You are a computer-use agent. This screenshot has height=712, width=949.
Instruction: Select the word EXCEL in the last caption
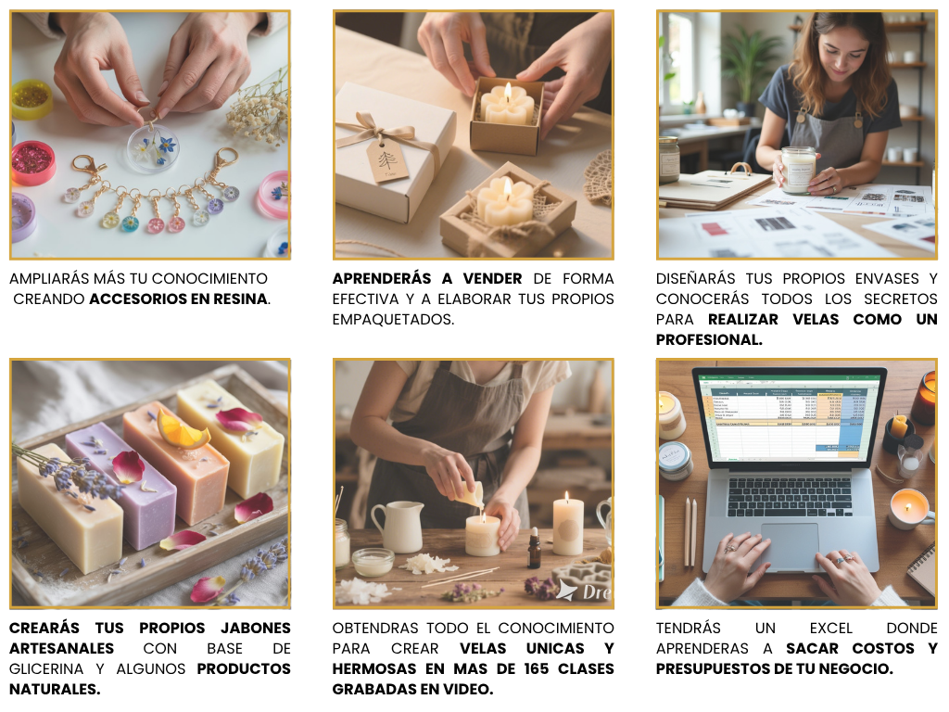coord(830,629)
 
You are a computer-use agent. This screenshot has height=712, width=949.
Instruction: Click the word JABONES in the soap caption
coord(256,629)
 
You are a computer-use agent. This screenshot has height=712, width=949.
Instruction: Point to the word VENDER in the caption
coord(493,278)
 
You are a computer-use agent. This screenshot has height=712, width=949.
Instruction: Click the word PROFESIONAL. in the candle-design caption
coord(709,339)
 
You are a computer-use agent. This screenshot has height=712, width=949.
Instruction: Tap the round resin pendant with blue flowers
coord(153,147)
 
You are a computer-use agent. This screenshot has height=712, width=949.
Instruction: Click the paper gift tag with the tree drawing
coord(386,159)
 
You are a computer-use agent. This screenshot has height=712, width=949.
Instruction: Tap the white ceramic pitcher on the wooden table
coord(398,527)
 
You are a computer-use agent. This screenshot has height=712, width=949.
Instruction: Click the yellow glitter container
coord(32,98)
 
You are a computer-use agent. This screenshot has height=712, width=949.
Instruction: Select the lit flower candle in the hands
coord(507,103)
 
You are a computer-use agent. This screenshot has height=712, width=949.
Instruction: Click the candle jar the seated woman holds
coord(798,170)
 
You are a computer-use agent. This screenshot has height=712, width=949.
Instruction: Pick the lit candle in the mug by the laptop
coord(908,507)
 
